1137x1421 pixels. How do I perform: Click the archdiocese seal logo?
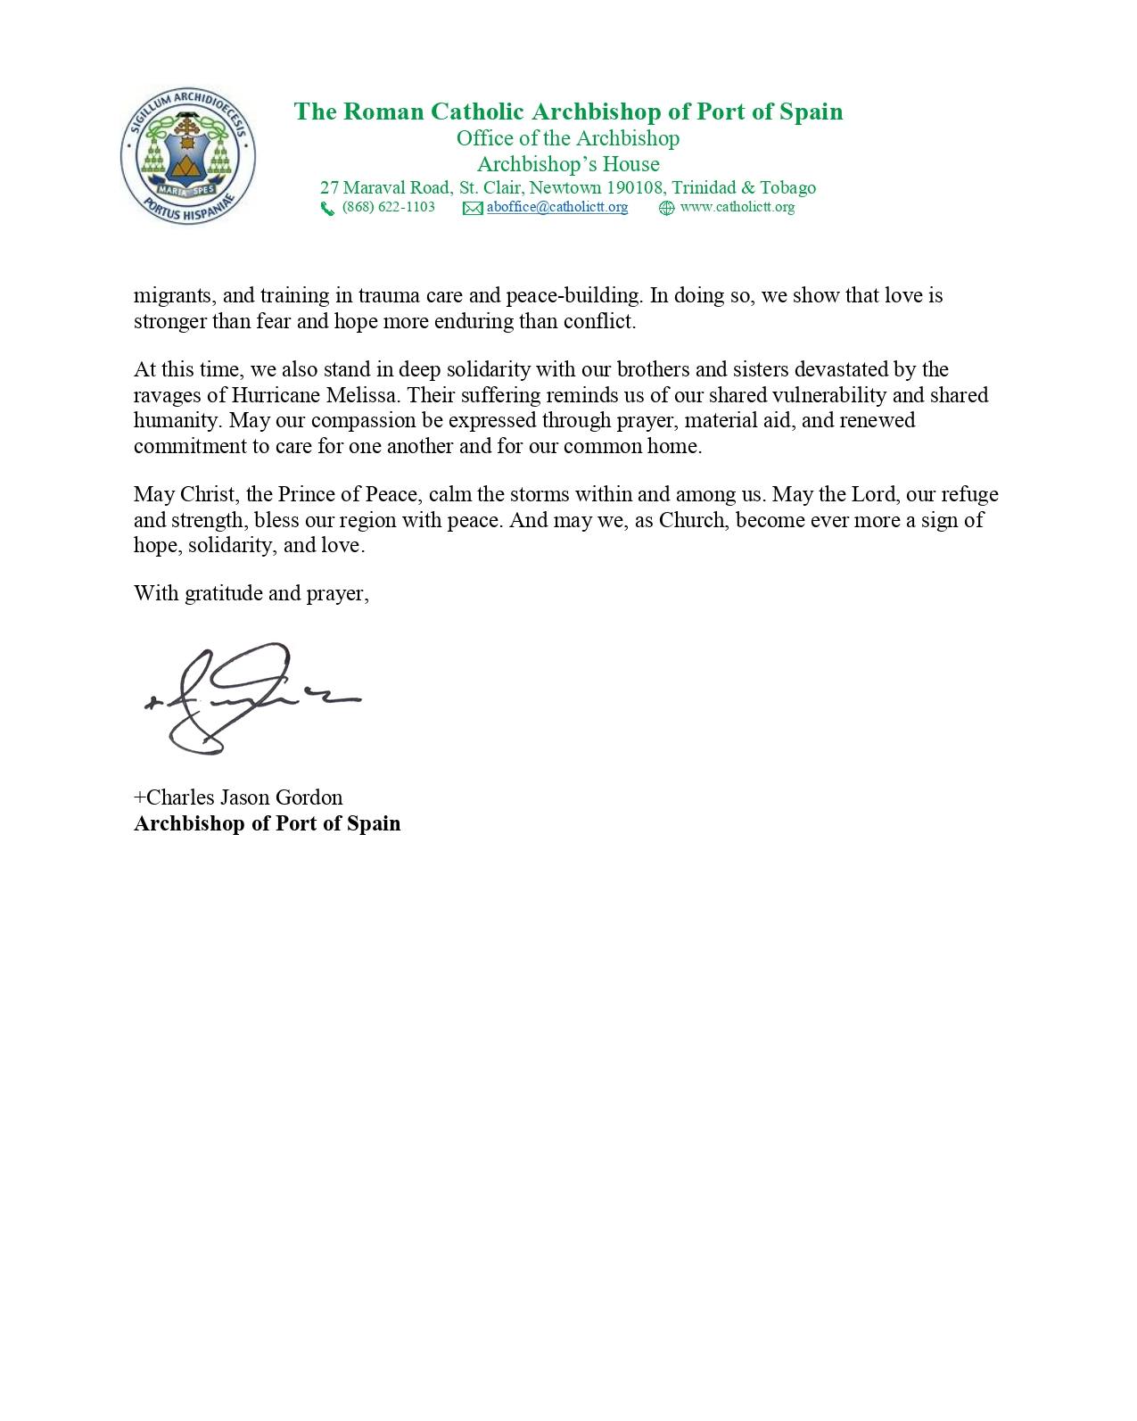[188, 160]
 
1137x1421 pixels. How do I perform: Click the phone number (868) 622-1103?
[388, 207]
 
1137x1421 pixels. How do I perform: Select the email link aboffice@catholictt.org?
[556, 207]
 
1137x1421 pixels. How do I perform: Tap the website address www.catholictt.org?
[737, 207]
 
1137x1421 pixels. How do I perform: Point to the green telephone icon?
[327, 209]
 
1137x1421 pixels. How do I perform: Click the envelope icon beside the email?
[473, 209]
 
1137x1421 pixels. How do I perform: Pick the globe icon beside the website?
[666, 209]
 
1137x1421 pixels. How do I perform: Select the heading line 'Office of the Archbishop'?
[568, 138]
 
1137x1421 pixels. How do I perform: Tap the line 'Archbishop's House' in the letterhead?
[568, 164]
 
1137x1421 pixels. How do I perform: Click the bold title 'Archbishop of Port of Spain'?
[267, 822]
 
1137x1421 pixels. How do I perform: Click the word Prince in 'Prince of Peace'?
[304, 494]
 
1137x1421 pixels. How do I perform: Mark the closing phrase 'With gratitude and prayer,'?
[251, 593]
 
